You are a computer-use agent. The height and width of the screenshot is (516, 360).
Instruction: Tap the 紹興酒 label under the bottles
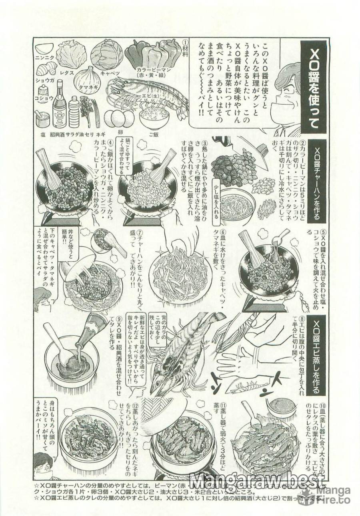pos(58,134)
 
